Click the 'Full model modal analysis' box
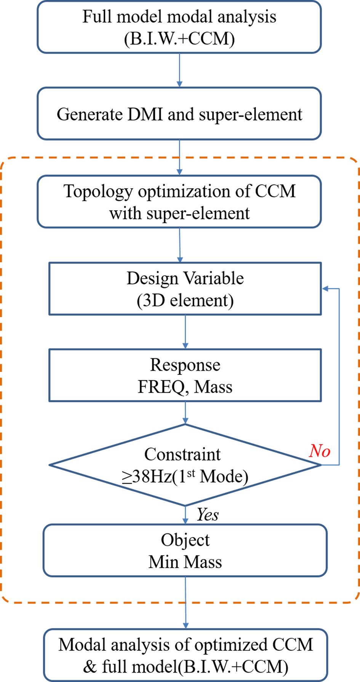point(179,27)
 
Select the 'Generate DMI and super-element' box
point(179,114)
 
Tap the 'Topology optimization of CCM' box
point(179,202)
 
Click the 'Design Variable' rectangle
point(185,289)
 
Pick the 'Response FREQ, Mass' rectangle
point(185,376)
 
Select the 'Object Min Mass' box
point(185,550)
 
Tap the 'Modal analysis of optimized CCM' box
point(185,655)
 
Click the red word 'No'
point(319,451)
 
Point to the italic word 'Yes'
point(208,515)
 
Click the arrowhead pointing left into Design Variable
point(326,289)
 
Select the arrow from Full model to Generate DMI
point(179,70)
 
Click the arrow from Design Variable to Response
point(186,332)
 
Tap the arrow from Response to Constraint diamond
point(186,413)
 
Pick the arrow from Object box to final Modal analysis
point(186,602)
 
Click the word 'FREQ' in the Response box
point(161,387)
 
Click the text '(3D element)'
point(185,300)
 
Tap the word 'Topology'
point(99,191)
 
